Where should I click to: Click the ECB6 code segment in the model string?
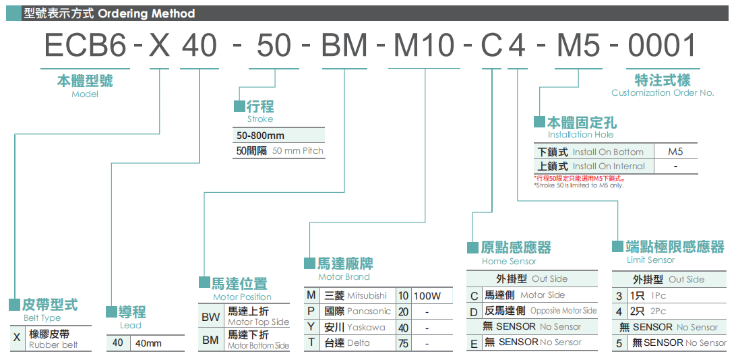(85, 46)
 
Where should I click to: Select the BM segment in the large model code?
(344, 46)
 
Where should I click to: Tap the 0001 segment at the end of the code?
(662, 46)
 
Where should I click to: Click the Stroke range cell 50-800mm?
(261, 136)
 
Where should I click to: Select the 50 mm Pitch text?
(298, 151)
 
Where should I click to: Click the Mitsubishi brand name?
(367, 295)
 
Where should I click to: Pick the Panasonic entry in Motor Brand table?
(369, 311)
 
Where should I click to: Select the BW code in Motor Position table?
(210, 317)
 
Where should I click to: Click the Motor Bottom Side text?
(258, 345)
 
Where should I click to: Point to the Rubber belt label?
(53, 344)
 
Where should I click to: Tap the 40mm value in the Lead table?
(149, 343)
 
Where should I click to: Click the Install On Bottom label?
(608, 152)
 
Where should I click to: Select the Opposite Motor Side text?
(563, 311)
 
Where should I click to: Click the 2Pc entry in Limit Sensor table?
(658, 311)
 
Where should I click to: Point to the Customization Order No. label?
(662, 93)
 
